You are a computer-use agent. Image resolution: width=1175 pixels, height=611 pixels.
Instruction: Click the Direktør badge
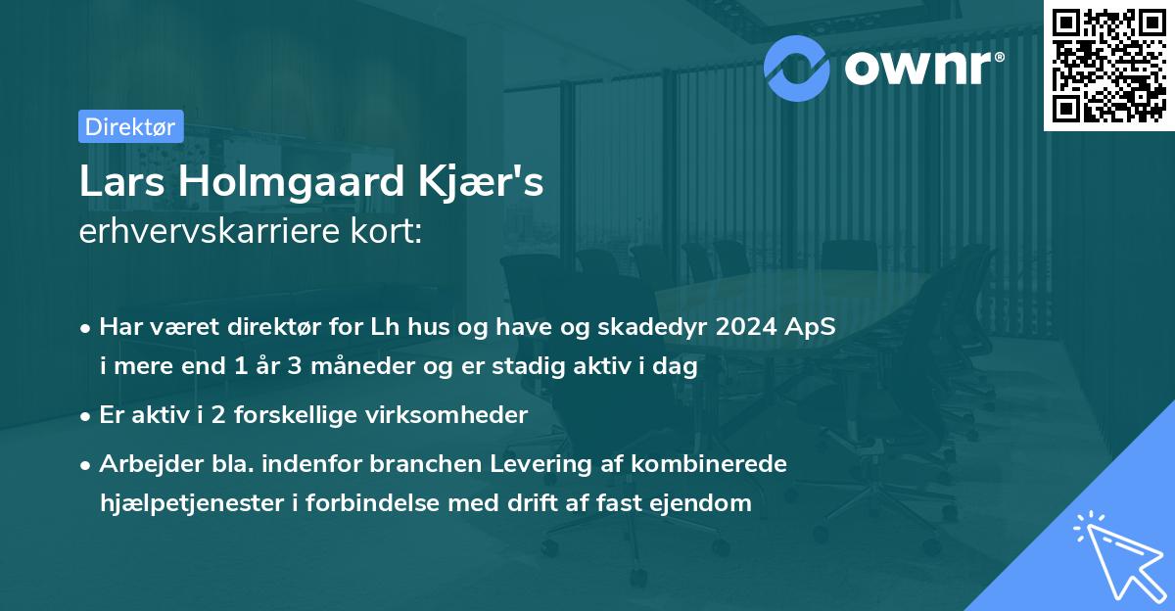click(x=130, y=126)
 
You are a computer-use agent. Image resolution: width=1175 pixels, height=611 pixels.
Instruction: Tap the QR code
click(x=1109, y=65)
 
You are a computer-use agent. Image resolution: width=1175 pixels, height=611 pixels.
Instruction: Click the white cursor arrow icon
click(x=1116, y=552)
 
